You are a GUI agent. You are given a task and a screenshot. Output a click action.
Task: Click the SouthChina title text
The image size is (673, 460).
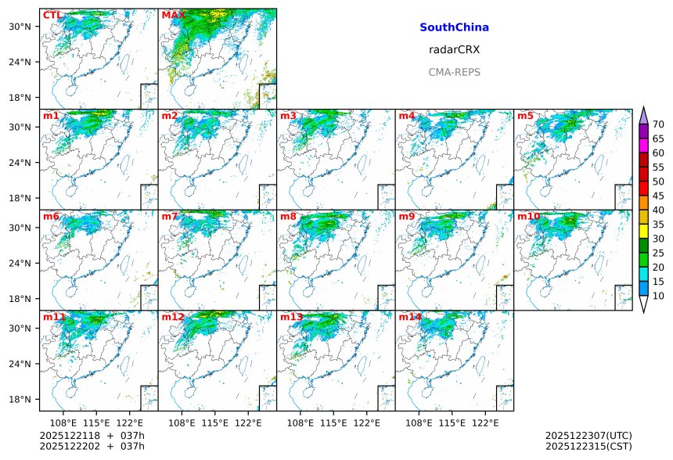(x=454, y=27)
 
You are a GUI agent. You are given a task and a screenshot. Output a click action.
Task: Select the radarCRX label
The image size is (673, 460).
(x=454, y=49)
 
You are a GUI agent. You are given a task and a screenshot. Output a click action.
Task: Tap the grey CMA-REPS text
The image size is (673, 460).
(x=454, y=72)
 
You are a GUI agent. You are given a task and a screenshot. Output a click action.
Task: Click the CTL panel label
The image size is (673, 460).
(x=52, y=15)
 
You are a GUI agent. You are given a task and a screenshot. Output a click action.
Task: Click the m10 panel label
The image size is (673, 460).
(x=528, y=216)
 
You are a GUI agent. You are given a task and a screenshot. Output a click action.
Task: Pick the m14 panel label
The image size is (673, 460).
(x=409, y=317)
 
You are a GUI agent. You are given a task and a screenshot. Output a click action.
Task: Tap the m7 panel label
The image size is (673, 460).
(x=170, y=216)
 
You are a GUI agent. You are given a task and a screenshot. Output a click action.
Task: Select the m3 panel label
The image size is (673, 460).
(x=288, y=116)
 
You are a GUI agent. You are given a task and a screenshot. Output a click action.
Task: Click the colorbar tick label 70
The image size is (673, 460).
(x=658, y=124)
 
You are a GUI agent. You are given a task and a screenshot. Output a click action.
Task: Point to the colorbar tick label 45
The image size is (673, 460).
(x=658, y=196)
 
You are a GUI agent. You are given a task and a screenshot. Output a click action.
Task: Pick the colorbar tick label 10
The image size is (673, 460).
(x=658, y=296)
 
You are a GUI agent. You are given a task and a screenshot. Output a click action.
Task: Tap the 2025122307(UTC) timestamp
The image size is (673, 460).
(x=588, y=435)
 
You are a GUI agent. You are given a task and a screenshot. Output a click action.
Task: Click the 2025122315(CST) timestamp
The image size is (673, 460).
(x=588, y=446)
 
